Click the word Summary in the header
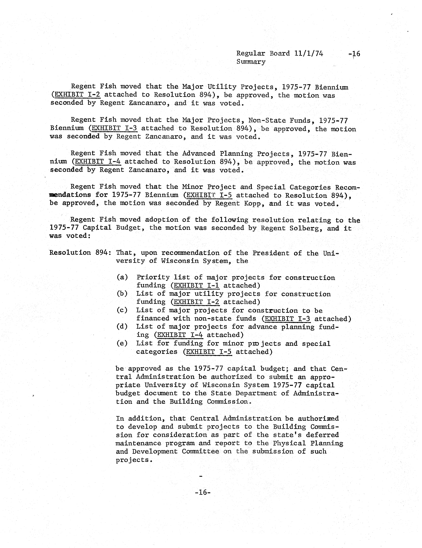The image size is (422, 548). click(251, 62)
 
